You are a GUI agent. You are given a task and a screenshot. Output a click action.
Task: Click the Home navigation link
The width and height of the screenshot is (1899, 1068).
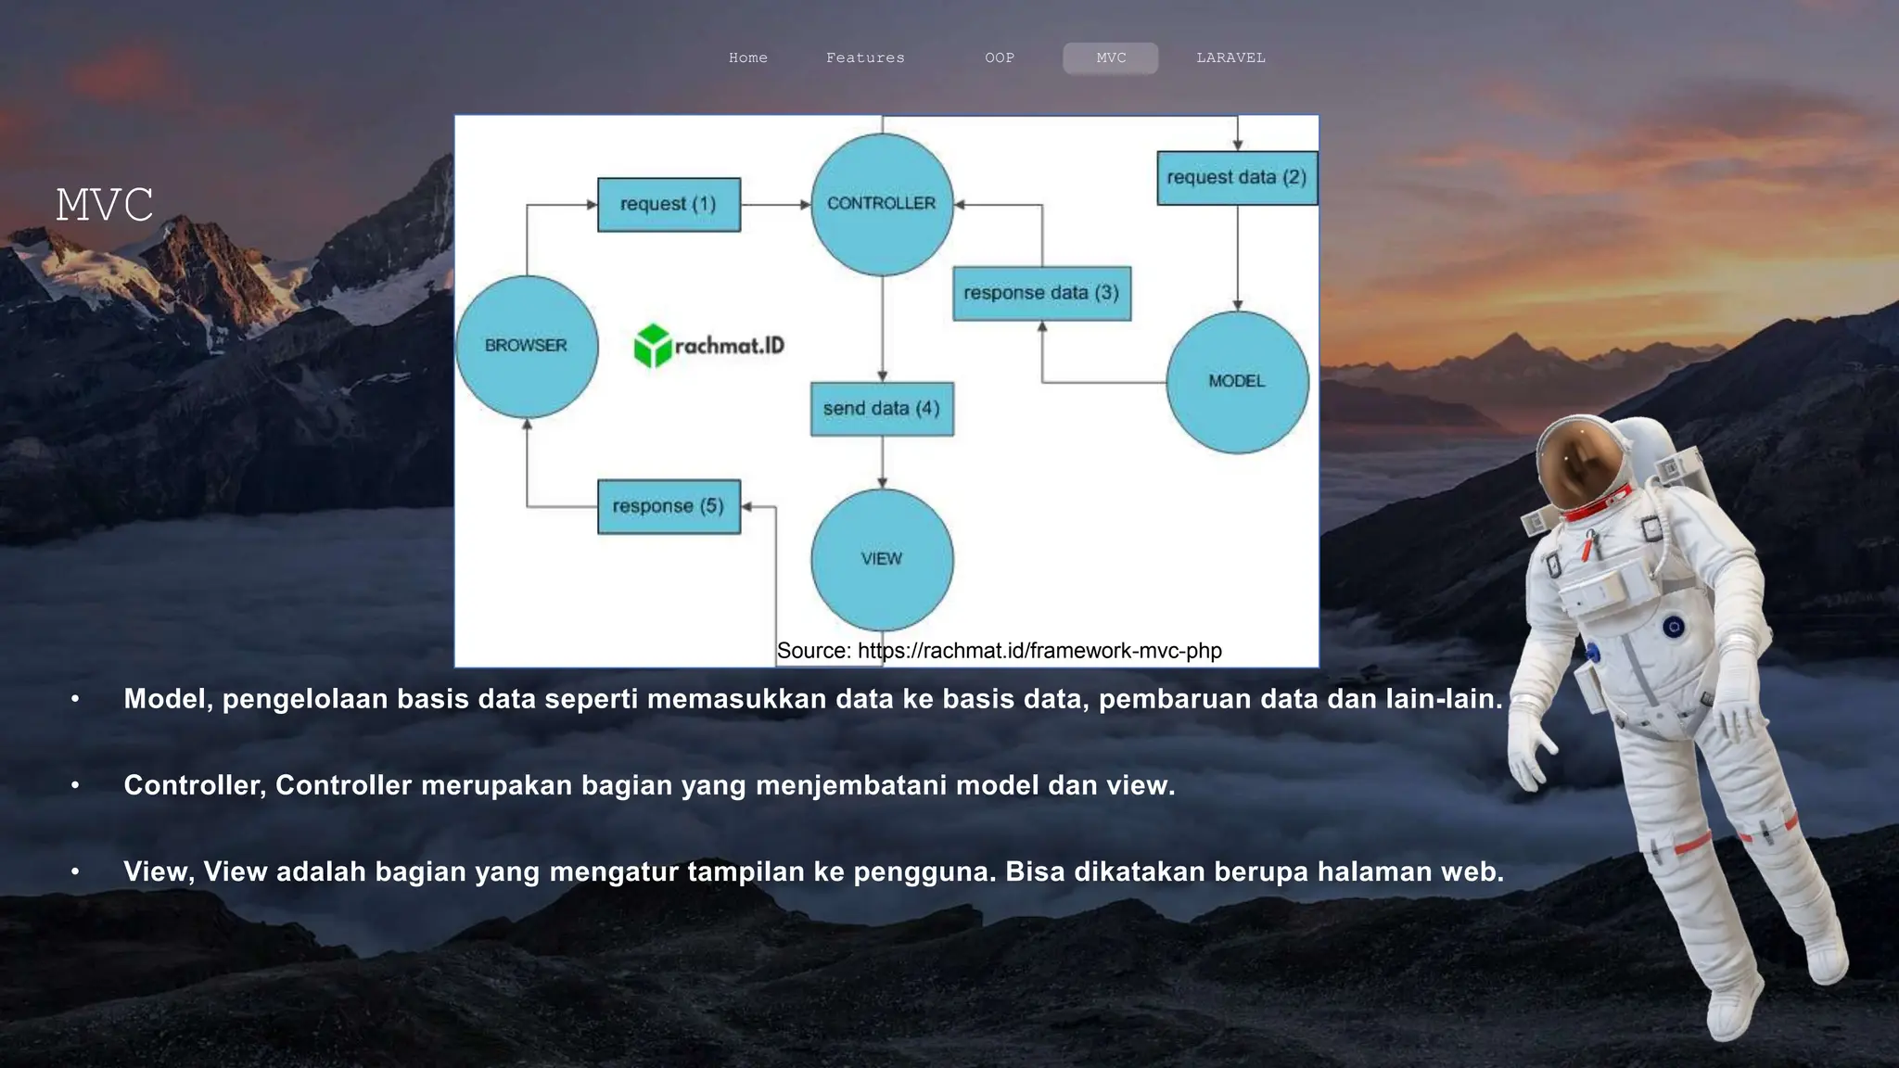click(747, 57)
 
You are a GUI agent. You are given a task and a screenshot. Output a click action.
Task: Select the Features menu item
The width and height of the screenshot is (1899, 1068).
click(865, 57)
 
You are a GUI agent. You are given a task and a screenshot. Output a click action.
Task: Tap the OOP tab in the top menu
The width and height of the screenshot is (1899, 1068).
click(999, 57)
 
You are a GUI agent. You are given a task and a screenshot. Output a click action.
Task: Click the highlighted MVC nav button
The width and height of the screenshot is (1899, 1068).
click(1110, 57)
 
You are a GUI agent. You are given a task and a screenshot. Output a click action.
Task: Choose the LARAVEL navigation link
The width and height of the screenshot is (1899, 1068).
click(1230, 57)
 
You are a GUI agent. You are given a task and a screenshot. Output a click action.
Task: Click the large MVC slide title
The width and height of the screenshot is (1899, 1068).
click(104, 205)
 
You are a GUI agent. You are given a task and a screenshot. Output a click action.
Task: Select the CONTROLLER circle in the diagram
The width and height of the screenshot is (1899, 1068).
click(881, 204)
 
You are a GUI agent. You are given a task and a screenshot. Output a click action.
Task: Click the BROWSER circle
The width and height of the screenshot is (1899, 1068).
click(526, 346)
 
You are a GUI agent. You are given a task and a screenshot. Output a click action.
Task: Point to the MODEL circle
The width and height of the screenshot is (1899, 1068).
click(1236, 381)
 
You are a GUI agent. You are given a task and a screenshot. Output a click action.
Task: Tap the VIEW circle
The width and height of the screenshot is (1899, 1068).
click(881, 559)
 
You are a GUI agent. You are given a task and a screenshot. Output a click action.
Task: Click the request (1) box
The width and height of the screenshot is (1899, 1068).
click(669, 204)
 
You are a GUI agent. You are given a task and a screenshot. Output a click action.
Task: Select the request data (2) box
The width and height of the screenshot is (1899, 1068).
click(1236, 177)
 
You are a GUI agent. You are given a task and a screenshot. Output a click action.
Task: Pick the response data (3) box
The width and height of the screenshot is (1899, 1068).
click(1041, 293)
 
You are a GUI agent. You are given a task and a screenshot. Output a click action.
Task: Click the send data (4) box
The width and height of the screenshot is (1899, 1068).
click(881, 409)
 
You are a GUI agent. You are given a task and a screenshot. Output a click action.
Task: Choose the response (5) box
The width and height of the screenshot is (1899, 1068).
click(669, 506)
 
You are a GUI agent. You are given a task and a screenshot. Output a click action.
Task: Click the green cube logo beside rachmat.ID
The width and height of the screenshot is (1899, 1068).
click(652, 346)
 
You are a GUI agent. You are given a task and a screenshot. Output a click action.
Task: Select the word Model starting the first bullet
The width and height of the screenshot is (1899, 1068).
click(167, 699)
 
